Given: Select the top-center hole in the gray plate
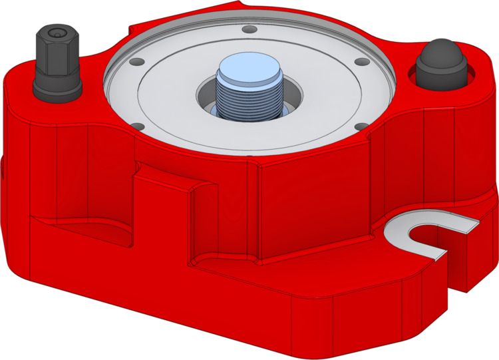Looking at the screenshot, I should (247, 30).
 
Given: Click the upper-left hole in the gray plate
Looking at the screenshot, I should (136, 61).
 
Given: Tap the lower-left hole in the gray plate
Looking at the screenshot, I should (136, 125).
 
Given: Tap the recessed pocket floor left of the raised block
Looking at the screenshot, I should (86, 230).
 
